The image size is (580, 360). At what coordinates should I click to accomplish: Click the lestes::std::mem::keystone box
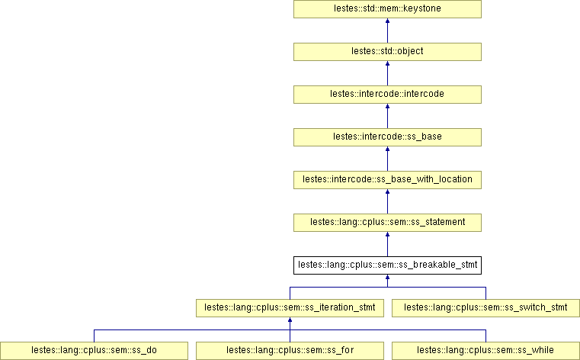point(387,9)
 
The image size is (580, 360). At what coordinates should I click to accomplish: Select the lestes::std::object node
point(387,52)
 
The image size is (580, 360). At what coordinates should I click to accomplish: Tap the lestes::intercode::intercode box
point(387,95)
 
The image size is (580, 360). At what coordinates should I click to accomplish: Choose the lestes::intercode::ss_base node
point(387,137)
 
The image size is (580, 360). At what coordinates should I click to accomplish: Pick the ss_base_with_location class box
point(387,180)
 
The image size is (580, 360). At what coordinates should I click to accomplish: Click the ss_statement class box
point(387,223)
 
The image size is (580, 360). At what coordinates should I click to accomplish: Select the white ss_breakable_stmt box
point(387,265)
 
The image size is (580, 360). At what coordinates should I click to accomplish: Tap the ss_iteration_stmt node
point(290,308)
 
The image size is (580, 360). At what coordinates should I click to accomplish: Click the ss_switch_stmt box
point(485,308)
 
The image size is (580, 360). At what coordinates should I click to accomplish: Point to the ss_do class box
point(94,351)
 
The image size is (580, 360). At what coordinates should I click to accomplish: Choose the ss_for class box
point(290,351)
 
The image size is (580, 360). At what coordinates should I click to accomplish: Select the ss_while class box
point(485,351)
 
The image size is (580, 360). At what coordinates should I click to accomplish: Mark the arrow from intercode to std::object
point(387,73)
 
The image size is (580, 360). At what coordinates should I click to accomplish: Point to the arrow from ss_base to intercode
point(387,116)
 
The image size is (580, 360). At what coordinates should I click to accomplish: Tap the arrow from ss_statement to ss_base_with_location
point(387,201)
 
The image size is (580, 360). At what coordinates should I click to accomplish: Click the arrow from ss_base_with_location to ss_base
point(387,159)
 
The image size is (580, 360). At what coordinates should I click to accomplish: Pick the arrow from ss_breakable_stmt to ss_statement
point(387,244)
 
